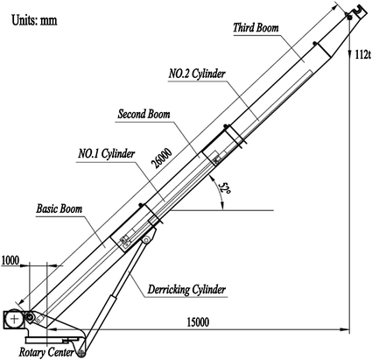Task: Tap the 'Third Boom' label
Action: pos(256,29)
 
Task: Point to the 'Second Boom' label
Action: pos(143,114)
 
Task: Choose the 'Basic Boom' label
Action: pos(60,210)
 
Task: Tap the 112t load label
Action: pos(361,54)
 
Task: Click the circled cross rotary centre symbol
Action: pos(15,319)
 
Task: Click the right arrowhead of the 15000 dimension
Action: pos(344,328)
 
